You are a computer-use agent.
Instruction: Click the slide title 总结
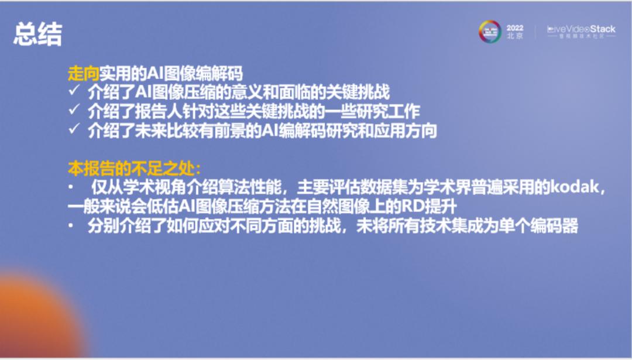pos(38,35)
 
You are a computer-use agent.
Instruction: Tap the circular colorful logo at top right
pos(490,32)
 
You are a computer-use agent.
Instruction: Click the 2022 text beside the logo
pos(515,28)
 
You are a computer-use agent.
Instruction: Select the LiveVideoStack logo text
pos(581,29)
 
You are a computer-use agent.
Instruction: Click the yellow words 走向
pos(83,74)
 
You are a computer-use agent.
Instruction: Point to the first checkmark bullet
pos(74,92)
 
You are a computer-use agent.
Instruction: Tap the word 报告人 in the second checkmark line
pos(178,111)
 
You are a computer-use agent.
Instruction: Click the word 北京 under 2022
pos(515,36)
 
